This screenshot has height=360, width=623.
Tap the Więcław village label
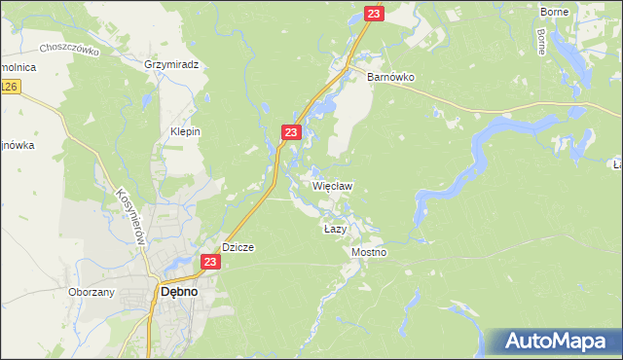332,185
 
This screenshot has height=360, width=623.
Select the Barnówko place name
391,75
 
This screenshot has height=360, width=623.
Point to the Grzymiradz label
171,64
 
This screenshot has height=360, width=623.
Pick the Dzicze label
238,247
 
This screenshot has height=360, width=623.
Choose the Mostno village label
368,252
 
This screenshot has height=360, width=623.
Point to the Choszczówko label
71,49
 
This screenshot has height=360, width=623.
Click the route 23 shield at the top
375,13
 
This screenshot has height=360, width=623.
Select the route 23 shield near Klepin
291,131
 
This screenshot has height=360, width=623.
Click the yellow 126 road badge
9,88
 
